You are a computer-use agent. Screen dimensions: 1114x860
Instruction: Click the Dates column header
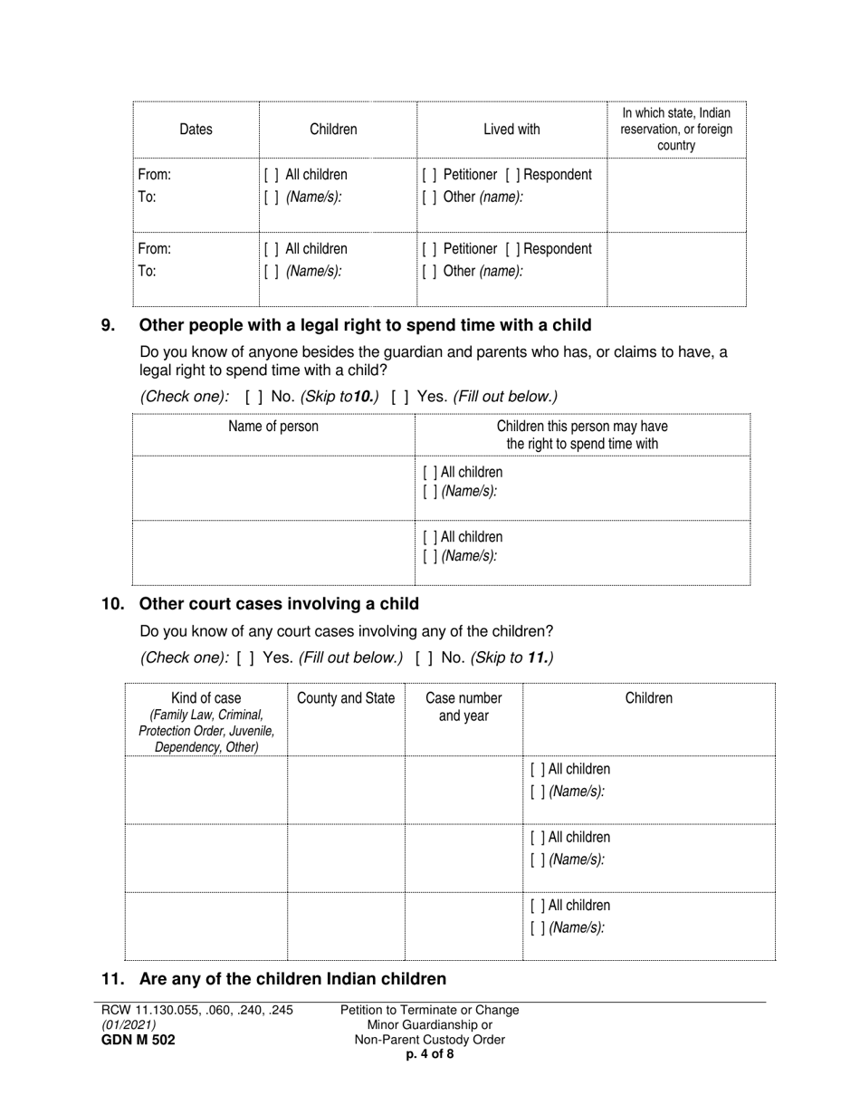pos(196,130)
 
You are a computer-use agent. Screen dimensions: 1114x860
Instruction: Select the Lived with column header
pos(511,130)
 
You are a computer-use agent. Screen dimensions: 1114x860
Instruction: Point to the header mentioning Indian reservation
pos(676,129)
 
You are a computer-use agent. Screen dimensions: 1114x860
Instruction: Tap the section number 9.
pos(108,325)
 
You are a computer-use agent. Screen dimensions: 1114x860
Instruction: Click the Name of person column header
pos(273,427)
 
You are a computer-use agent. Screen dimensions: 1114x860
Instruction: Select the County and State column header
pos(346,698)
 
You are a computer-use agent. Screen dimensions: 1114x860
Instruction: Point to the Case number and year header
pos(463,706)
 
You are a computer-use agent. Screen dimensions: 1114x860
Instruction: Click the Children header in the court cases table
pos(648,698)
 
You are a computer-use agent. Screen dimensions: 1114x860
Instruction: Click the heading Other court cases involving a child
pos(279,604)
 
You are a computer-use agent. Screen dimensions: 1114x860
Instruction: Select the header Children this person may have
pos(582,435)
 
